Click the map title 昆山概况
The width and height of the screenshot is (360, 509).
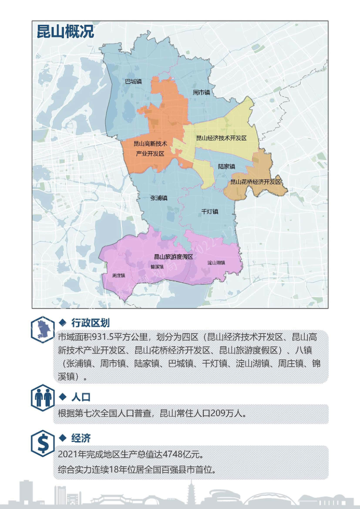pyautogui.click(x=65, y=32)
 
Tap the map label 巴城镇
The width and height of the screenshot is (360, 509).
pyautogui.click(x=133, y=82)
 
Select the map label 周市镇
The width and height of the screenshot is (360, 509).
pyautogui.click(x=202, y=92)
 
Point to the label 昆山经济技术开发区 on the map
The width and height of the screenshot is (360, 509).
pyautogui.click(x=221, y=138)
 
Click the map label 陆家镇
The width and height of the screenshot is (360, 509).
pyautogui.click(x=226, y=166)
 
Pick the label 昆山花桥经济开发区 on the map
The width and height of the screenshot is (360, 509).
pyautogui.click(x=255, y=182)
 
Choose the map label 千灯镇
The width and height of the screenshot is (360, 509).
pyautogui.click(x=210, y=211)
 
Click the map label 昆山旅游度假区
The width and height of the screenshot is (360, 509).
pyautogui.click(x=173, y=257)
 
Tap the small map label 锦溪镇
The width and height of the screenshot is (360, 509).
pyautogui.click(x=157, y=266)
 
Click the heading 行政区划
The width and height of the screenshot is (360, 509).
pyautogui.click(x=90, y=323)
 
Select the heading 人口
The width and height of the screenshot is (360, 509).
pyautogui.click(x=81, y=397)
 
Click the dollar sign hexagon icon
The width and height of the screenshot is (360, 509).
pyautogui.click(x=43, y=444)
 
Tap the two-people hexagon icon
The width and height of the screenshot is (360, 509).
pyautogui.click(x=43, y=397)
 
